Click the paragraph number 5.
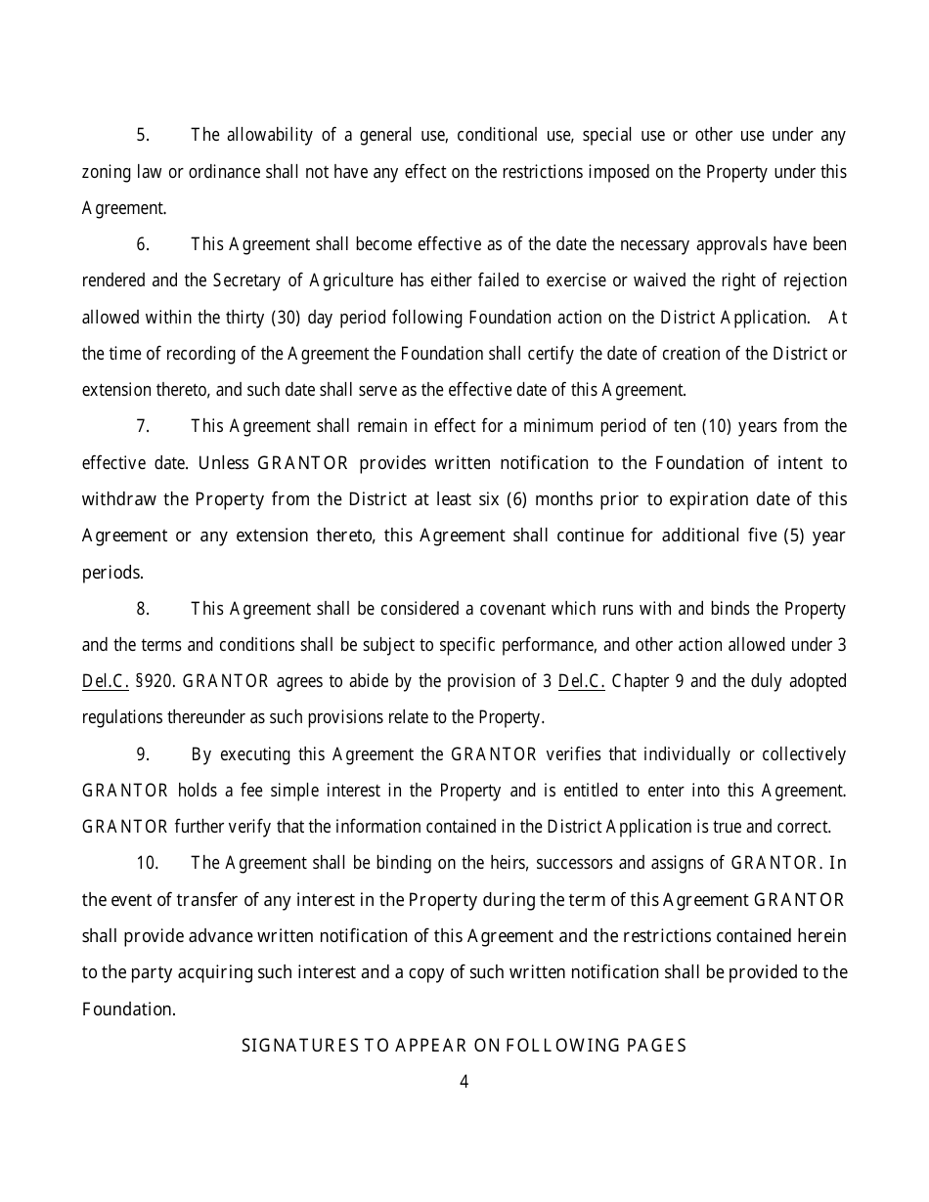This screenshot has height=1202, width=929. [x=142, y=135]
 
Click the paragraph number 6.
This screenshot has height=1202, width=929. [x=142, y=244]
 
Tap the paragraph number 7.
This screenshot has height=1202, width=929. [x=142, y=426]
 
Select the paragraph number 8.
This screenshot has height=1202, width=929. [x=142, y=609]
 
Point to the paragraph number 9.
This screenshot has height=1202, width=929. [x=142, y=754]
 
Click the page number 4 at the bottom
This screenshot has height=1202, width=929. [x=464, y=1082]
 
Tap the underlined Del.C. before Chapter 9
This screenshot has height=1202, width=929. [x=581, y=681]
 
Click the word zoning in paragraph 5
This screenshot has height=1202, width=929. [x=105, y=172]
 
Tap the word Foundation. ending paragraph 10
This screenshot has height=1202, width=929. [x=128, y=1009]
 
